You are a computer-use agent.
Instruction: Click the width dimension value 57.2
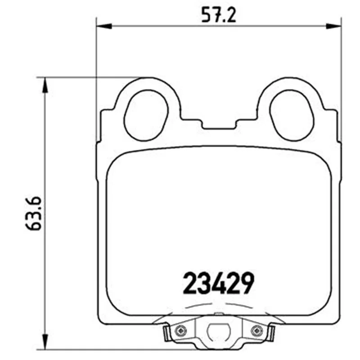tap(219, 15)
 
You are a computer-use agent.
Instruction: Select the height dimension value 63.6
tap(33, 213)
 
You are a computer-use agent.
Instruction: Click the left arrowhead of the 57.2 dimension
tap(104, 26)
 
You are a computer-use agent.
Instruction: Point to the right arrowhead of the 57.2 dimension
tap(333, 26)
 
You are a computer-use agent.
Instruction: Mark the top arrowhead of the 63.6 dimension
tap(45, 85)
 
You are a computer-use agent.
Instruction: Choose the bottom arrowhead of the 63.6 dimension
tap(45, 342)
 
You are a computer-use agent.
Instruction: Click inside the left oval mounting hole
tap(146, 115)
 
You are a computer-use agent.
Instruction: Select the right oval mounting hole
tap(292, 115)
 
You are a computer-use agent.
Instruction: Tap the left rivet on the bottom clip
tap(181, 331)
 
